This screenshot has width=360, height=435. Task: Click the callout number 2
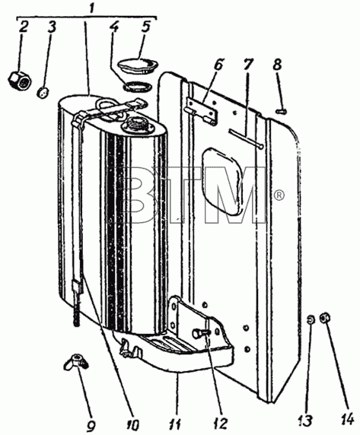point(24,27)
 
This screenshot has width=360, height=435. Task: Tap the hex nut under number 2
point(20,81)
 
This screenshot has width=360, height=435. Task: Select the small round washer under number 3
point(43,92)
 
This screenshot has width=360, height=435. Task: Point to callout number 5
point(145,27)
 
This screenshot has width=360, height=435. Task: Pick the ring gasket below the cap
point(138,87)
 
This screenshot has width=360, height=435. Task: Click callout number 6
point(218,65)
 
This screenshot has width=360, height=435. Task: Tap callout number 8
point(277,65)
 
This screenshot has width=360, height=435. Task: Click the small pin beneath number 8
point(282,112)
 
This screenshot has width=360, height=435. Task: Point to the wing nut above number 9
point(76,362)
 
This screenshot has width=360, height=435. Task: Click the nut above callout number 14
point(324,318)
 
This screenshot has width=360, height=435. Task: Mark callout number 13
point(305,421)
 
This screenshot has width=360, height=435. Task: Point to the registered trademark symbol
point(279,195)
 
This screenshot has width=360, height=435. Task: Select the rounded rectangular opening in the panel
point(223,181)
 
